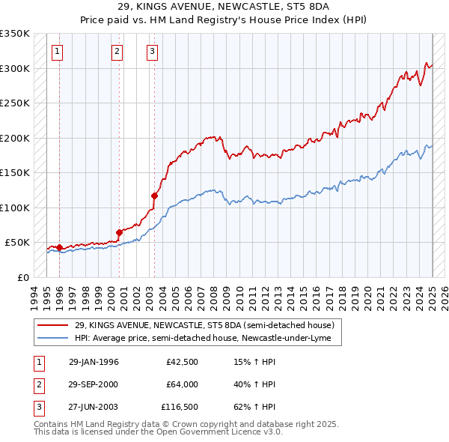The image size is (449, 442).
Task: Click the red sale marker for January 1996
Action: click(59, 247)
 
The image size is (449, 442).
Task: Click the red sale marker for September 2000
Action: click(119, 232)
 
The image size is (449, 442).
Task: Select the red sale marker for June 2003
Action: click(154, 196)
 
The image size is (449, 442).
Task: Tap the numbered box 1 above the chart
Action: click(58, 52)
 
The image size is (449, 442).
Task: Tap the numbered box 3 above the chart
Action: click(152, 52)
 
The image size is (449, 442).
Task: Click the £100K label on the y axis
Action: click(16, 208)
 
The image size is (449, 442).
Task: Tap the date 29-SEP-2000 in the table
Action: click(94, 384)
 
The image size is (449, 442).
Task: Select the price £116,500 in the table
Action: click(180, 407)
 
